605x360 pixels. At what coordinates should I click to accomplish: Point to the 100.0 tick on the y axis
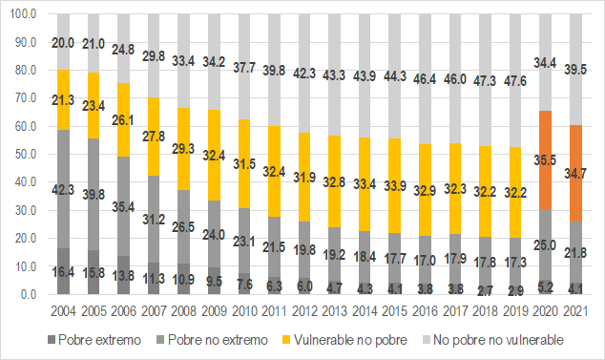pyautogui.click(x=20, y=15)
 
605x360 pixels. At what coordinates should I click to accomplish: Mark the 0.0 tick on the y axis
pyautogui.click(x=26, y=295)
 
